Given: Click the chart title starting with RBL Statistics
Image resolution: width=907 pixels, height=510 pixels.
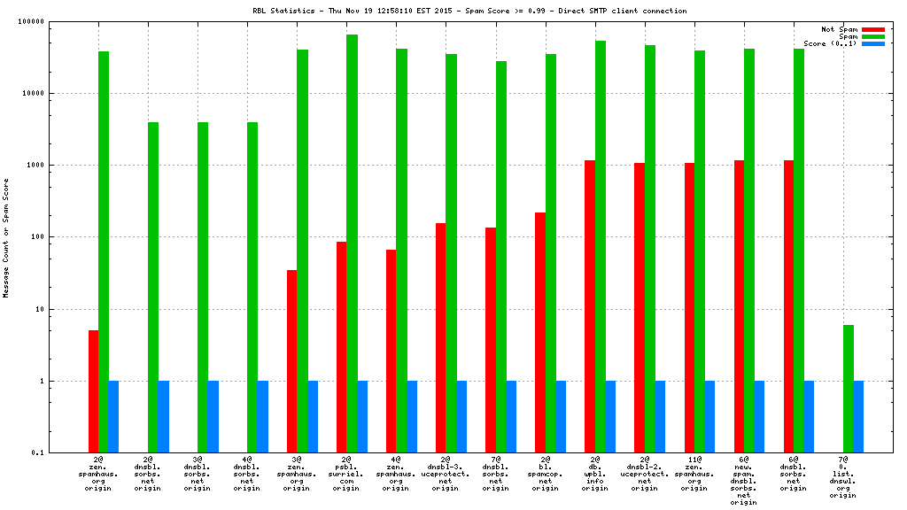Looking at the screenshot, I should [469, 11].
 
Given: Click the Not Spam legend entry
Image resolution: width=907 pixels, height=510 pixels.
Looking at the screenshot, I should [840, 29].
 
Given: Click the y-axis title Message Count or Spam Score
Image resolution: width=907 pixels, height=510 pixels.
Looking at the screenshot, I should [5, 237].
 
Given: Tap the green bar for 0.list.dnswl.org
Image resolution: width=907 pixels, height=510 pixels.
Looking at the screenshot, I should [849, 389].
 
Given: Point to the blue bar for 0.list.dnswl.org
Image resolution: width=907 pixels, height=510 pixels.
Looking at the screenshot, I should [858, 417].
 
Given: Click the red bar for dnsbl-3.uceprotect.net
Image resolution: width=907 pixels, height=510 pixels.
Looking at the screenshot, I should [441, 337].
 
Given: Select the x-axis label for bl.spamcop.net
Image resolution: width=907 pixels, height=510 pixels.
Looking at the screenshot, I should [545, 474].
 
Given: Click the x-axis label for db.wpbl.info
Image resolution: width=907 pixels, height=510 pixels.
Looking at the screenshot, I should [595, 474].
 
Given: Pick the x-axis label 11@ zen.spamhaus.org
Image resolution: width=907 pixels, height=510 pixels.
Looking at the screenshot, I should [694, 474].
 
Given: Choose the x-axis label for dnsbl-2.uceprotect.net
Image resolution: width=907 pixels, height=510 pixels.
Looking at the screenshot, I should [645, 474].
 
